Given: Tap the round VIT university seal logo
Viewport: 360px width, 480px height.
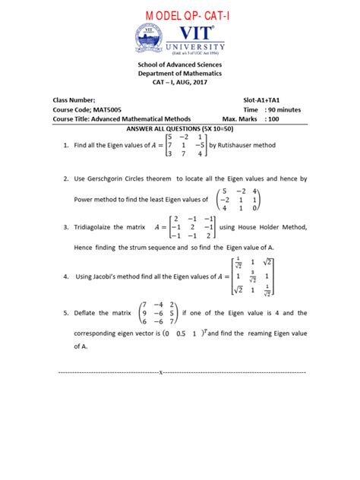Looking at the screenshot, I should [150, 39].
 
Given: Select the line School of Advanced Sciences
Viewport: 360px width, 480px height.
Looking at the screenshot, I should [180, 66].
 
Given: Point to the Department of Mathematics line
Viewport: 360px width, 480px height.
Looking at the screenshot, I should [180, 76].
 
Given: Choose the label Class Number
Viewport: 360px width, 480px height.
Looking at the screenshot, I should [74, 99].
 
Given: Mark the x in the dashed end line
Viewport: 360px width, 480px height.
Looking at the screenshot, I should [160, 373].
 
